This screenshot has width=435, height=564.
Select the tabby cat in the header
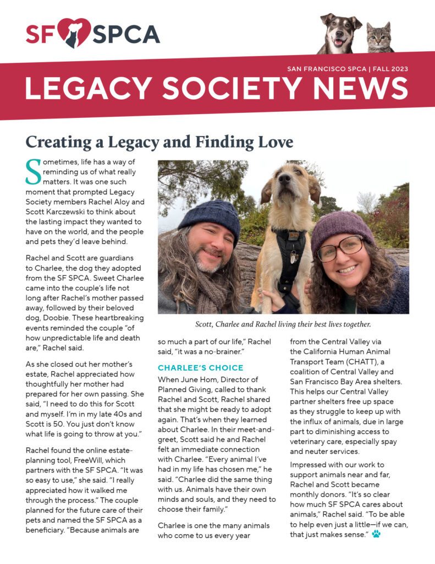379,37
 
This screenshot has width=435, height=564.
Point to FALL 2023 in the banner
388,69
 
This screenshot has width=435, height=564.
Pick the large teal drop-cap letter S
33,172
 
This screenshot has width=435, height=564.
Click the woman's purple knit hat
340,225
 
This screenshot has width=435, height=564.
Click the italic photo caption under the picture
283,324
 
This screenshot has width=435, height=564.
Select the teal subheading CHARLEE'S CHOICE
200,367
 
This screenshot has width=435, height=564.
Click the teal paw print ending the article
376,533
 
